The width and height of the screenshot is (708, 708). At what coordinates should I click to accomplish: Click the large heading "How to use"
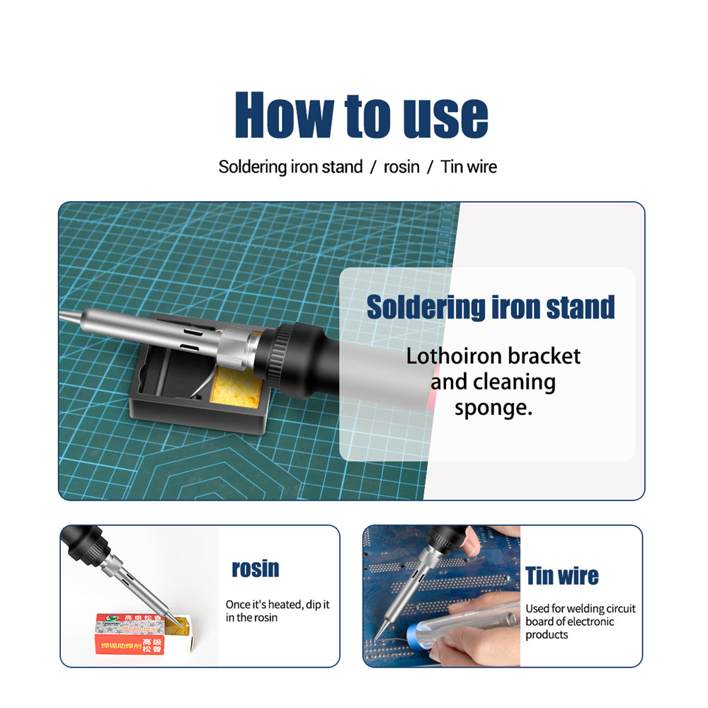(361, 115)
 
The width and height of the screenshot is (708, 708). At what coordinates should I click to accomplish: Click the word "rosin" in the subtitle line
(401, 167)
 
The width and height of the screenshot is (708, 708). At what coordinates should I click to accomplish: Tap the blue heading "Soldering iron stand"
(490, 307)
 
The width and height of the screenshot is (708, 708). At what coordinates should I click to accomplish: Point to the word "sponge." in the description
(493, 408)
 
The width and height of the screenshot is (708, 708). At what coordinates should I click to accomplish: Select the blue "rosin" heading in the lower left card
(256, 569)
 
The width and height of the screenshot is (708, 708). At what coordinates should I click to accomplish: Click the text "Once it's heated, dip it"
(278, 605)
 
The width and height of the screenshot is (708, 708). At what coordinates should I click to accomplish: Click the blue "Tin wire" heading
(561, 576)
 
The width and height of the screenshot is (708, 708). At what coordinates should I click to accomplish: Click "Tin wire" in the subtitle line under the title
(469, 167)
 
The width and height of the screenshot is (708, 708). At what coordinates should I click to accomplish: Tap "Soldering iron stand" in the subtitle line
(290, 167)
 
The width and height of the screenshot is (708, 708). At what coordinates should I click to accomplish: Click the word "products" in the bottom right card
(547, 634)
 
